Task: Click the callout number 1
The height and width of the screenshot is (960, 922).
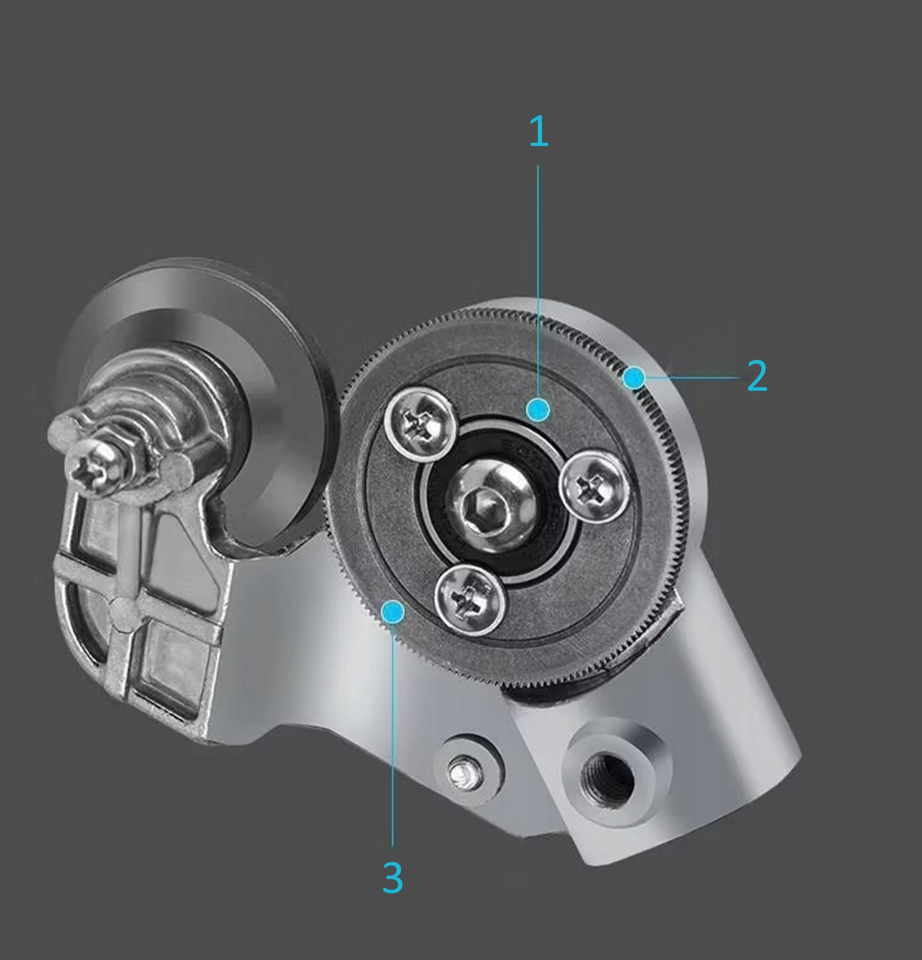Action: (539, 131)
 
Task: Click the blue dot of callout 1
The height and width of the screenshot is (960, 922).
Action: (538, 409)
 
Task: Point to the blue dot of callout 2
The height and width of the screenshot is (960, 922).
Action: (634, 377)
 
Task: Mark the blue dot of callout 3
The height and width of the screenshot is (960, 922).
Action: (392, 612)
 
